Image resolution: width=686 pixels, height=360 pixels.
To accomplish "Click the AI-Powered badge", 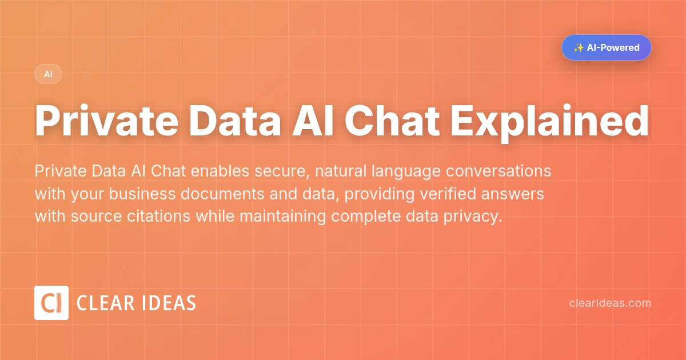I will [x=606, y=47].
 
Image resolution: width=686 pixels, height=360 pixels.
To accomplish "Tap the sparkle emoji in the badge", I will [x=579, y=47].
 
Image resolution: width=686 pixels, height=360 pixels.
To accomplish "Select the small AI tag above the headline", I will [x=48, y=74].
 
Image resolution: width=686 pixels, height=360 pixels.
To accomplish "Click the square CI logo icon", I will [x=51, y=303].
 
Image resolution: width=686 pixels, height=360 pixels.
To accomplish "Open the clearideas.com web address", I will [x=610, y=303].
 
